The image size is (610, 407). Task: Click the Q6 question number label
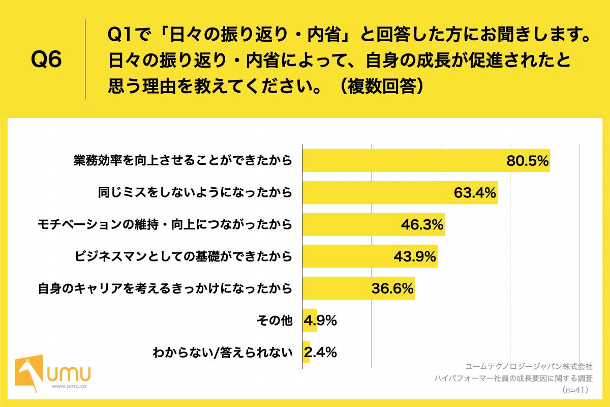click(46, 60)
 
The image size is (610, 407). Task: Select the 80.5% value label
click(527, 161)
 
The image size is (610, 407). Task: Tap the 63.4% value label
click(475, 193)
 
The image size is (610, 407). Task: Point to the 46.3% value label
click(422, 225)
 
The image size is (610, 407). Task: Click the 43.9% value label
click(415, 257)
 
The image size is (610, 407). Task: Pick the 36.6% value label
click(392, 288)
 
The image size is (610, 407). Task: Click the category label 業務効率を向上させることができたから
click(182, 161)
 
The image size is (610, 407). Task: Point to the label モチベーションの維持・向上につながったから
click(165, 225)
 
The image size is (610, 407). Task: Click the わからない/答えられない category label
click(223, 353)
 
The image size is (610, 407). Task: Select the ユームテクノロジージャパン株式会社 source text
click(529, 366)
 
